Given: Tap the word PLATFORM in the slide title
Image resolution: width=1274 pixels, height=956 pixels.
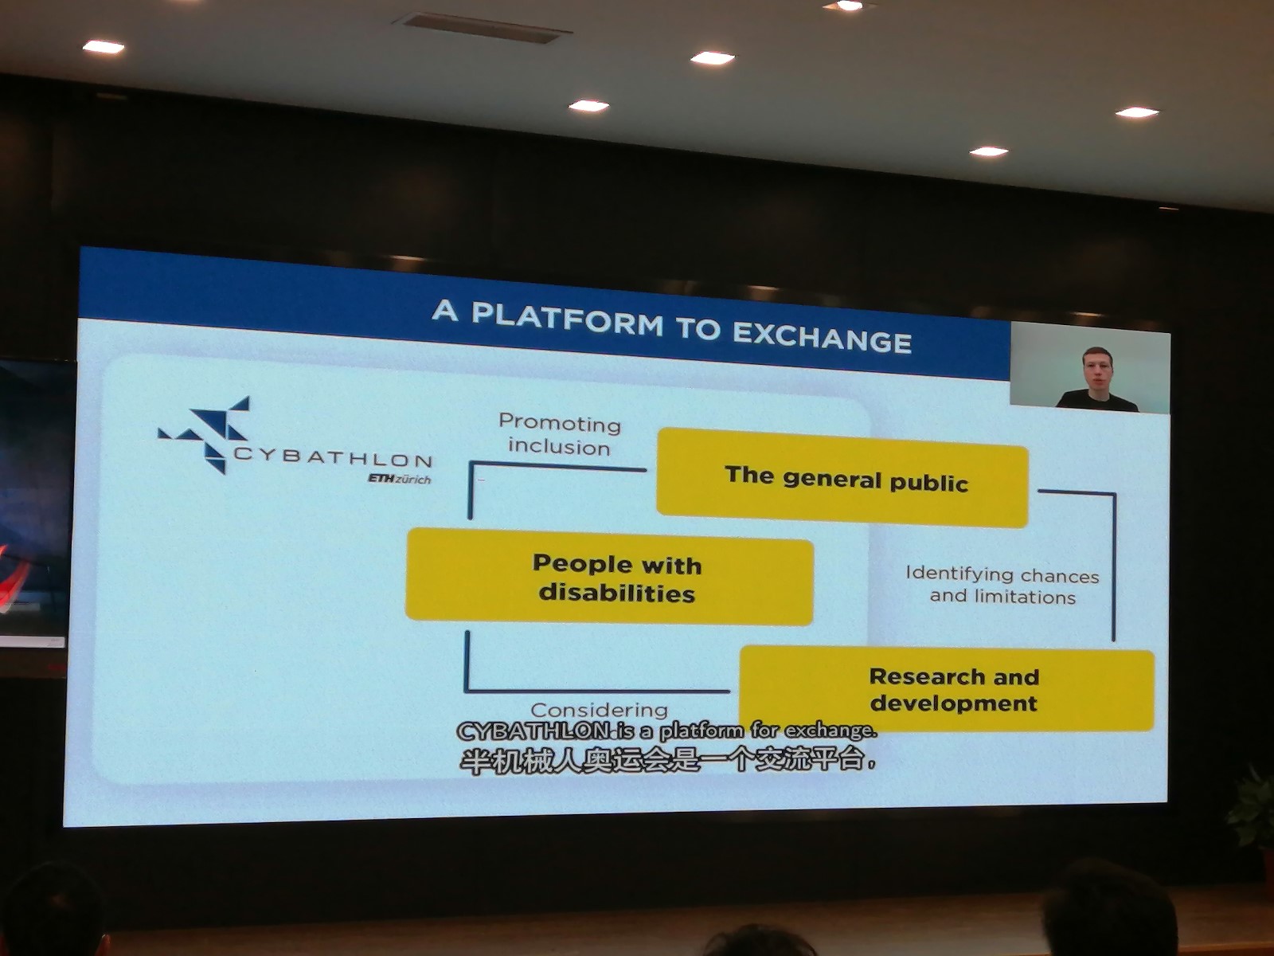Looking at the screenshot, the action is point(567,319).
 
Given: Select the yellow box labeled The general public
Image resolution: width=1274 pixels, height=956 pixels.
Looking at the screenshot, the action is point(842,478).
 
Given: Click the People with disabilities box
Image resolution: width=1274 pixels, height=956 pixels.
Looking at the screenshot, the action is point(609,576).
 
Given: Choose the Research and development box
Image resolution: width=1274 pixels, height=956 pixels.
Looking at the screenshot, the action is point(948,689).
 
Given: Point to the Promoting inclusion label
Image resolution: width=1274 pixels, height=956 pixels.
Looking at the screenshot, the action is point(560,435).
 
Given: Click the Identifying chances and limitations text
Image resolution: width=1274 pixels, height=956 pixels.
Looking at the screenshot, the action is point(1002,585).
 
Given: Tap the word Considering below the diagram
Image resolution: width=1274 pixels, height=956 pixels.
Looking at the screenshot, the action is point(600,710).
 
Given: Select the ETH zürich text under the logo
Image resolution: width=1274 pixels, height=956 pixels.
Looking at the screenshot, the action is point(400,478).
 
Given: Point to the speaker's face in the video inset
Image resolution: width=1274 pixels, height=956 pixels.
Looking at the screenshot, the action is point(1096,370).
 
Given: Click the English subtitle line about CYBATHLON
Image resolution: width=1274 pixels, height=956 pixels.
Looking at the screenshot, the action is point(666,731).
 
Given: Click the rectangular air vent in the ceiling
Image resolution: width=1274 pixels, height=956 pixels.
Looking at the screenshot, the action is point(482,27).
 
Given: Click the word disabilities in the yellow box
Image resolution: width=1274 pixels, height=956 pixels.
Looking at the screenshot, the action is point(616,594).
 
